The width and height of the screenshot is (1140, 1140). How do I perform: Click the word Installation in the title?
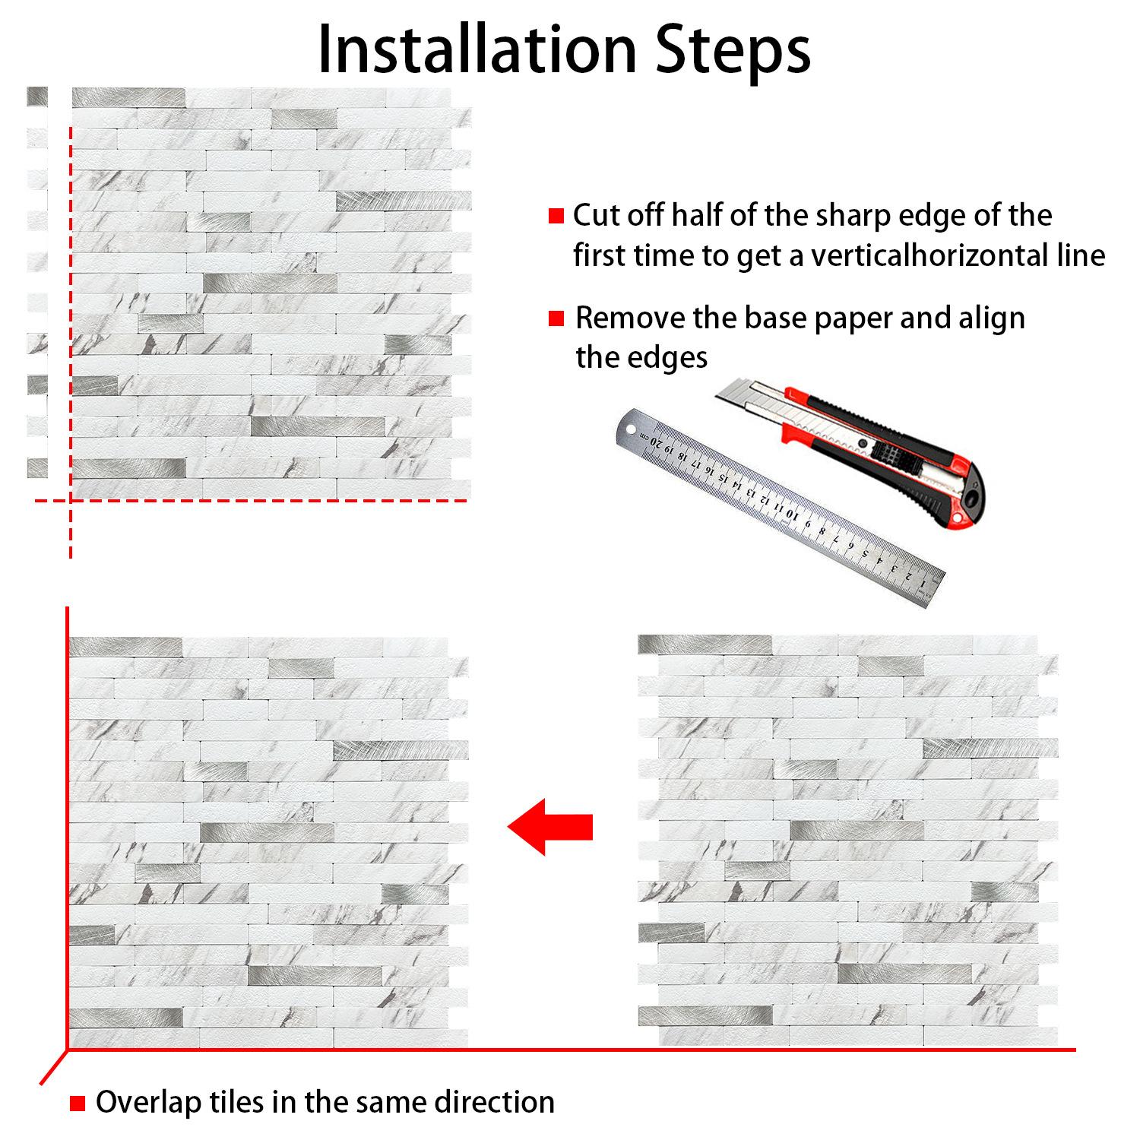pyautogui.click(x=477, y=49)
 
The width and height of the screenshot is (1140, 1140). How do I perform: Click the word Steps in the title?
pyautogui.click(x=733, y=52)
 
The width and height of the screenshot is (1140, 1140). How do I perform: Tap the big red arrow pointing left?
pyautogui.click(x=550, y=827)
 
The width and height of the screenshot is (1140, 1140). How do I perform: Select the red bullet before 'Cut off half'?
pyautogui.click(x=556, y=216)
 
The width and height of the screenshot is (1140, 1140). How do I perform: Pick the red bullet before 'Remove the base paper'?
pyautogui.click(x=556, y=318)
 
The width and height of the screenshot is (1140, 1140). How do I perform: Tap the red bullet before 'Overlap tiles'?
pyautogui.click(x=78, y=1103)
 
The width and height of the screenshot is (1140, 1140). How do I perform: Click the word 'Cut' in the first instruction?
pyautogui.click(x=596, y=216)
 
